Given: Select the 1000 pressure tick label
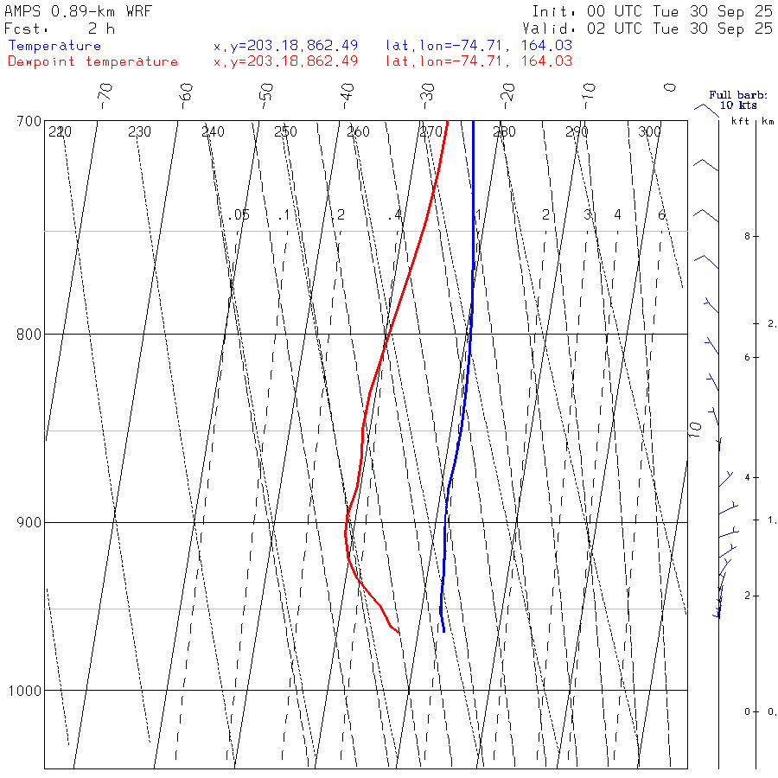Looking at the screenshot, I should tap(26, 691).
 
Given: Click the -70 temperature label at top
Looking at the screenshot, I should tap(105, 92).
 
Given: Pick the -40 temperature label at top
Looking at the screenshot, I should tap(348, 92).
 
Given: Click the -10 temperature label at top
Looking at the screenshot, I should tap(590, 92).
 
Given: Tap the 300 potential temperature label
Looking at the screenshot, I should tap(649, 131).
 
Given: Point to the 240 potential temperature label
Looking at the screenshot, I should tap(213, 131).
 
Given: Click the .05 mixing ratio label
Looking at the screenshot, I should tap(239, 214).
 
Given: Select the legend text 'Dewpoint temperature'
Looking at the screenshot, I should tap(92, 61).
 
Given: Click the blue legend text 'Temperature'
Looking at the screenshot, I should tap(54, 46).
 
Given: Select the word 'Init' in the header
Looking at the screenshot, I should tap(554, 12).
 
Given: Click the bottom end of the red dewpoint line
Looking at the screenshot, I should tap(399, 632).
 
